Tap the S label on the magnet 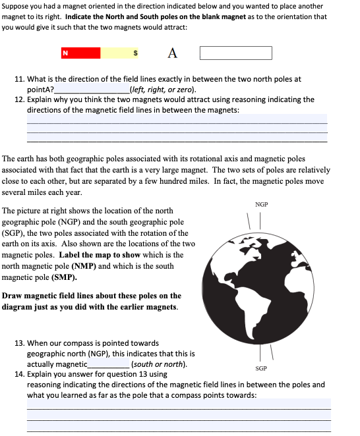coord(136,53)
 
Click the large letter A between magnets coord(172,53)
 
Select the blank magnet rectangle coord(235,53)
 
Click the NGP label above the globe coord(261,205)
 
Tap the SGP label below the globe coord(261,369)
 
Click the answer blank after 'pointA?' coord(92,90)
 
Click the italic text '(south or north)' coord(160,364)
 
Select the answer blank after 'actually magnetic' coord(109,364)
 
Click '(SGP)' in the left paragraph coord(13,233)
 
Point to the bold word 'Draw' coord(13,296)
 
